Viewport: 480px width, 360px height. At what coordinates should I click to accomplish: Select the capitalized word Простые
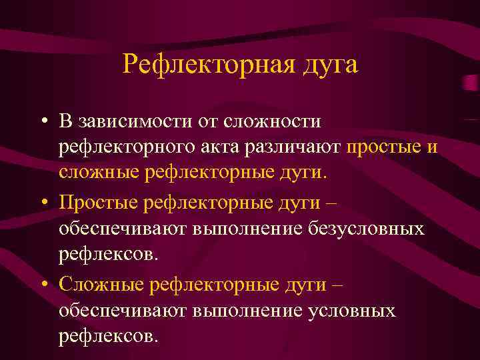(102, 202)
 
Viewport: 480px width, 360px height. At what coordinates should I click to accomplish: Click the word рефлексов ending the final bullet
(109, 335)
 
